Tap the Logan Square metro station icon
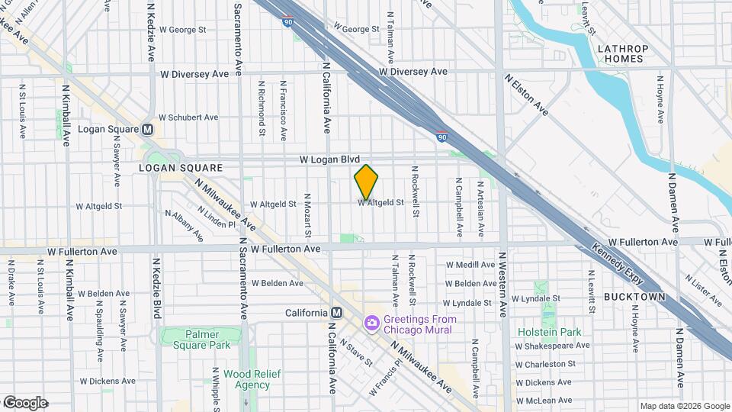[147, 129]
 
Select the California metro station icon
[336, 313]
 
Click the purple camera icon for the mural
[371, 323]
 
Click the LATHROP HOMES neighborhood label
[622, 54]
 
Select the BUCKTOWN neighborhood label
[634, 296]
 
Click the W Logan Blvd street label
[329, 159]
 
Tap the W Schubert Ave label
[190, 117]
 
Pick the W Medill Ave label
[471, 264]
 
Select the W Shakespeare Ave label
[552, 346]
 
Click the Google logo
[25, 403]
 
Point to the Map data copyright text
[684, 406]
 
